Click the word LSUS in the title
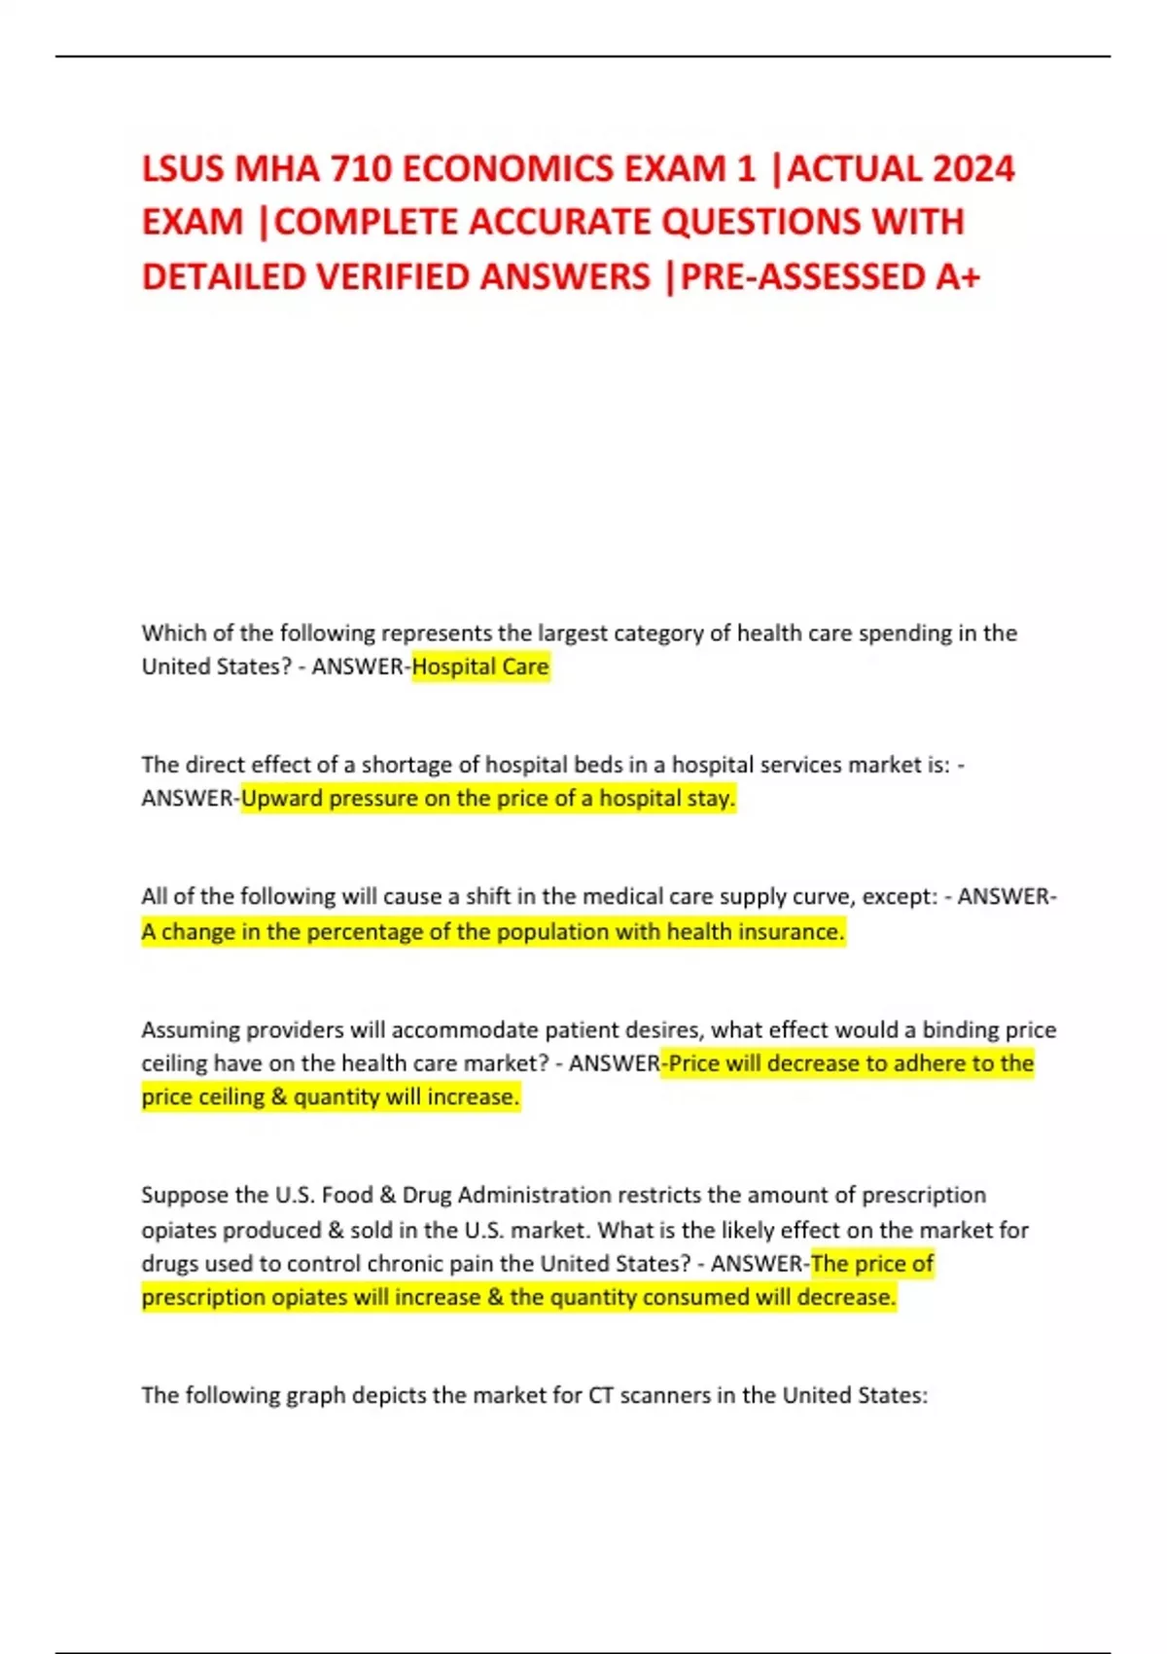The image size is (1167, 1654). coord(183,169)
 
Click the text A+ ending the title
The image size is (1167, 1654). coord(957,277)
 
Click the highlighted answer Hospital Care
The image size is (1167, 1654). coord(480,667)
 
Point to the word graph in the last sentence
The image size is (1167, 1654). coord(316,1396)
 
